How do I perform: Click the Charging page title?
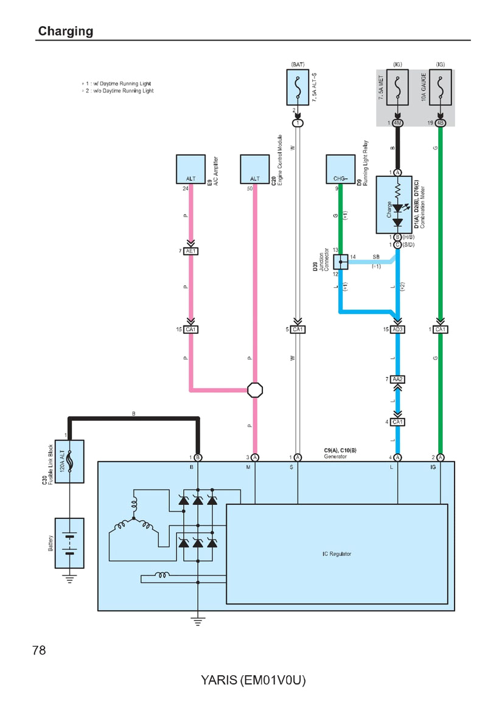(65, 31)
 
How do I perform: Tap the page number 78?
(39, 650)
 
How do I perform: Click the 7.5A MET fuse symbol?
(397, 88)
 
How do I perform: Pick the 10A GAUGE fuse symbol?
(440, 88)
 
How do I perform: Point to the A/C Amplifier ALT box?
(190, 169)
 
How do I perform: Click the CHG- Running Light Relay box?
(340, 169)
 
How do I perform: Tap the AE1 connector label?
(191, 251)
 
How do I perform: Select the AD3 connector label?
(398, 330)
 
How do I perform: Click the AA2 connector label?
(398, 380)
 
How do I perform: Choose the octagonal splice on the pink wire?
(255, 389)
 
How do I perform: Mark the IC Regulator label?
(337, 554)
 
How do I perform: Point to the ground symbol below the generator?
(197, 620)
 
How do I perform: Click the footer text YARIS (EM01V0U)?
(253, 680)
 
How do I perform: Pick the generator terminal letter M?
(248, 467)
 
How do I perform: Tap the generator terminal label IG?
(433, 467)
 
